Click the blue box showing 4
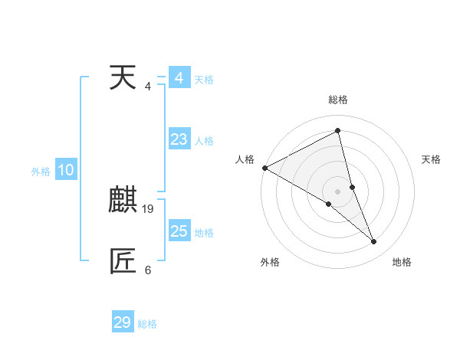(179, 78)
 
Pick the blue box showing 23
(179, 139)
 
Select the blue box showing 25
(179, 231)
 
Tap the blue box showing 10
(66, 171)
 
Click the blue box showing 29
(122, 322)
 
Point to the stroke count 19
(148, 208)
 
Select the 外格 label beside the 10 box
(41, 172)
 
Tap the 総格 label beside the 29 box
(147, 324)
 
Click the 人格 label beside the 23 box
(204, 141)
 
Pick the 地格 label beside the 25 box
(204, 233)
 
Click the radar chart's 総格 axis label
(338, 100)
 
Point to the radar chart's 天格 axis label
(432, 159)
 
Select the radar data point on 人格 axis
(264, 168)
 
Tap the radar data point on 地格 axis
(374, 242)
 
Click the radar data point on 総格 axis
(337, 131)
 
